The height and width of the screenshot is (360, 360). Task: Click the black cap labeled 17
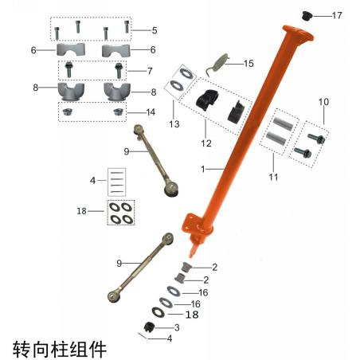tap(307, 16)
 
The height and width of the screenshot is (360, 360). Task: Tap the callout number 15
tap(248, 64)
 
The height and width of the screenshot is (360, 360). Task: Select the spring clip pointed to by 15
tap(217, 65)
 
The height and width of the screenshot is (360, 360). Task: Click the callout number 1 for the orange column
tap(203, 169)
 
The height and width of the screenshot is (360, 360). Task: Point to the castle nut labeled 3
tap(149, 327)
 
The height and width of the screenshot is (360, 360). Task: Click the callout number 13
tap(174, 124)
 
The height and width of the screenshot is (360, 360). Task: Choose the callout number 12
tap(206, 143)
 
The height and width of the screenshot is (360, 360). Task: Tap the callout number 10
tap(323, 102)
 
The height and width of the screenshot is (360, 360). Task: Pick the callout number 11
tap(273, 177)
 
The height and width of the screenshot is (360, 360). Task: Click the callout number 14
tap(151, 112)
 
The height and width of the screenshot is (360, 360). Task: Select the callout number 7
tap(150, 71)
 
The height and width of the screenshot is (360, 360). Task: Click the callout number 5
tap(155, 30)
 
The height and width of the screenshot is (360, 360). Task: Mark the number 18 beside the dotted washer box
tap(81, 211)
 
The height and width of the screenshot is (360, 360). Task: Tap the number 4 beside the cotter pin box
tap(92, 181)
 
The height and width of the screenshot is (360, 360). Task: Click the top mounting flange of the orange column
tap(298, 33)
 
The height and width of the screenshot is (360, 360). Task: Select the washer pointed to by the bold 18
tap(158, 312)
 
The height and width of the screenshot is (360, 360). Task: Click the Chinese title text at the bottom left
tap(60, 349)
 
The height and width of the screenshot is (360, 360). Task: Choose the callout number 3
tap(177, 327)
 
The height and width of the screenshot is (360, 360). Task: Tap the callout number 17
tap(337, 15)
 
